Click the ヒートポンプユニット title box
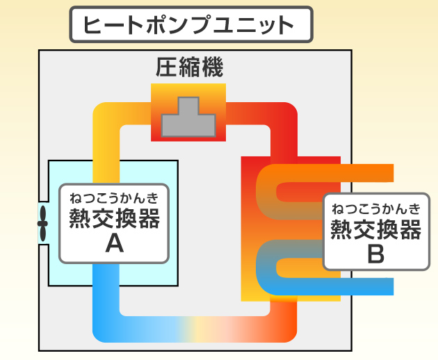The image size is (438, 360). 189,26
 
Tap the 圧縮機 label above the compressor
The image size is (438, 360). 188,68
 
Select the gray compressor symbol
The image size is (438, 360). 188,117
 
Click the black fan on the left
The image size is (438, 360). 43,224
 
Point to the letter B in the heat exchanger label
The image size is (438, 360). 375,253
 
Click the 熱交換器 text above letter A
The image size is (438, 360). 114,218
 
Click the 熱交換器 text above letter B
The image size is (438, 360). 375,228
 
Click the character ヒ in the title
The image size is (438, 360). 93,26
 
